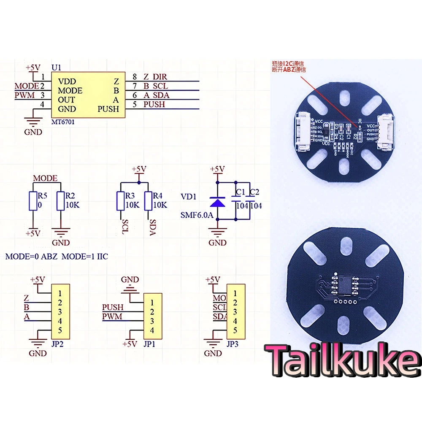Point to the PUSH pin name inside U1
click(108, 109)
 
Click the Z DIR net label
click(155, 77)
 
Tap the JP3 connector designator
click(233, 344)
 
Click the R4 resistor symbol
click(148, 201)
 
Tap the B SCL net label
click(156, 86)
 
